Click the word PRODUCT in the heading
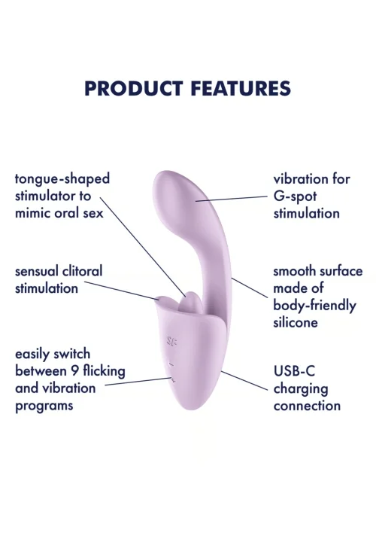(134, 88)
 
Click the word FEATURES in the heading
(241, 88)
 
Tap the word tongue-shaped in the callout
(62, 179)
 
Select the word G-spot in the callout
(295, 196)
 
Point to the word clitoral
(81, 271)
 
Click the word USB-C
(294, 371)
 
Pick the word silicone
(296, 322)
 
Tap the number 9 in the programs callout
(76, 371)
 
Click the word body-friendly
(314, 306)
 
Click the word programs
(44, 407)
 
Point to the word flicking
(105, 371)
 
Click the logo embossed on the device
(172, 341)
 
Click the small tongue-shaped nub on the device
(193, 302)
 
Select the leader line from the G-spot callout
(232, 199)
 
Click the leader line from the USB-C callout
(244, 380)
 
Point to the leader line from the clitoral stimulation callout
(122, 291)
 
